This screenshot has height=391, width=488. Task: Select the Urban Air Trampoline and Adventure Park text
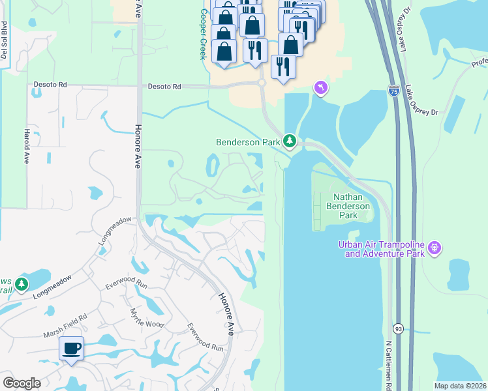380,249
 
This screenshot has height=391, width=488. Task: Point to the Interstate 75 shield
393,91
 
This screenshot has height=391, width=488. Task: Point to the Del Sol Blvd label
4,40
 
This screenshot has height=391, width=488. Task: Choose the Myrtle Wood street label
145,319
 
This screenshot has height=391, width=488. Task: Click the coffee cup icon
71,347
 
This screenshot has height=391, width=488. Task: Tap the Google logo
22,383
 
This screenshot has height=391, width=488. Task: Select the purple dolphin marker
320,87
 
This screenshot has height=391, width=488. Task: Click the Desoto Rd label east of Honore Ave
162,85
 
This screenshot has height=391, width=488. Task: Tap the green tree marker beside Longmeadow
22,285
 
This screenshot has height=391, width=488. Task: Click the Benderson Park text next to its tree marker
249,141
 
